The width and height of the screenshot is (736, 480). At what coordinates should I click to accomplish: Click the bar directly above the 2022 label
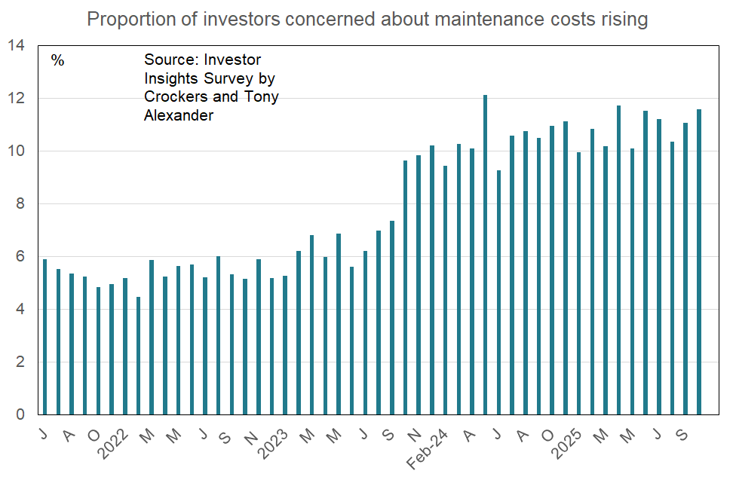(125, 347)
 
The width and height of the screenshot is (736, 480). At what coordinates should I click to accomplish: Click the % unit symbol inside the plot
(58, 60)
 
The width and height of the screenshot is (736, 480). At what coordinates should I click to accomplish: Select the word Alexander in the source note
(179, 115)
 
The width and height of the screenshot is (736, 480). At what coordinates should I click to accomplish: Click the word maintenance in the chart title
(440, 19)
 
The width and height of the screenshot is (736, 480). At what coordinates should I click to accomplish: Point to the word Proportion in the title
(127, 19)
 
